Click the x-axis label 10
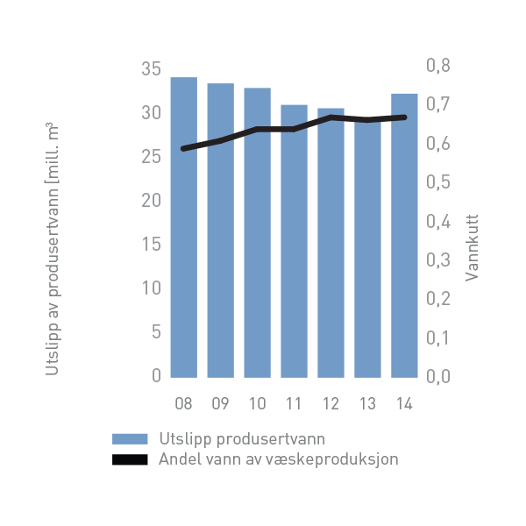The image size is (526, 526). pyautogui.click(x=257, y=404)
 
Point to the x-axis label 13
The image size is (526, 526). pyautogui.click(x=367, y=404)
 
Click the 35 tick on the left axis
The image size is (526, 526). pyautogui.click(x=151, y=68)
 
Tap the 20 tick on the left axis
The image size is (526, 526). pyautogui.click(x=151, y=200)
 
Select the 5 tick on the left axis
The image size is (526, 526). pyautogui.click(x=156, y=331)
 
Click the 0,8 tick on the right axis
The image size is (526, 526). pyautogui.click(x=437, y=66)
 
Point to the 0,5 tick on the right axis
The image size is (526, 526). pyautogui.click(x=437, y=182)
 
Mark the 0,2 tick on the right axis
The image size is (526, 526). pyautogui.click(x=437, y=299)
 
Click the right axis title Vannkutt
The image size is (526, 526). pyautogui.click(x=472, y=250)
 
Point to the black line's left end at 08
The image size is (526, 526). pyautogui.click(x=183, y=149)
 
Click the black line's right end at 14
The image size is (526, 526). pyautogui.click(x=404, y=117)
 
